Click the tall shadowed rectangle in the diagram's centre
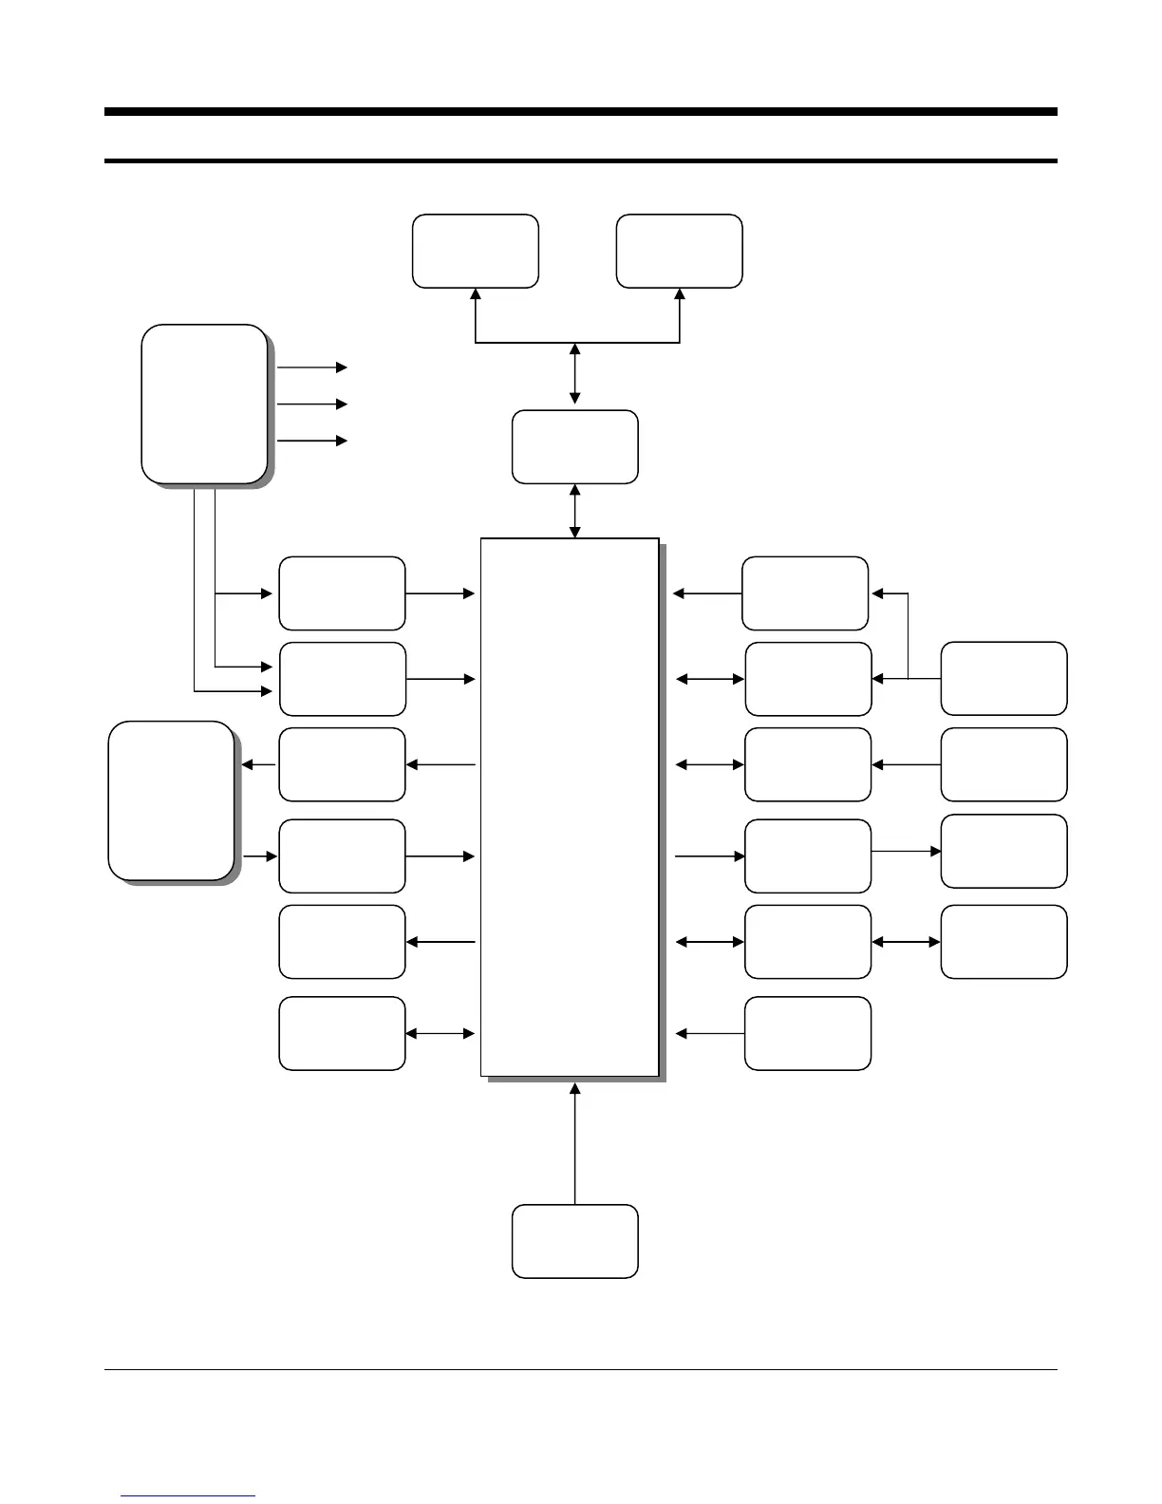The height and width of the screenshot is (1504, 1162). click(x=570, y=807)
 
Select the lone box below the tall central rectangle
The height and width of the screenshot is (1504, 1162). click(x=574, y=1241)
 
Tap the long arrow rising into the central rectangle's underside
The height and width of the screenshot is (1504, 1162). click(x=574, y=1144)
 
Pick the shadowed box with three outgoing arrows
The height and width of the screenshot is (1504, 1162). click(x=203, y=404)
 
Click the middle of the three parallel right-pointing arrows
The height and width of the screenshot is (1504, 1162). click(x=311, y=404)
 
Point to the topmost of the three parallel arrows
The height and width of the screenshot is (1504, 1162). click(x=311, y=367)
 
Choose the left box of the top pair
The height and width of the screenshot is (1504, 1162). click(x=475, y=251)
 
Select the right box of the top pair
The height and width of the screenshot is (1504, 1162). click(x=679, y=251)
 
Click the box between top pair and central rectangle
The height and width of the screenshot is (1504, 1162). click(x=574, y=446)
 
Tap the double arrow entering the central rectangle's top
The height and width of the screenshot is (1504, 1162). click(x=574, y=511)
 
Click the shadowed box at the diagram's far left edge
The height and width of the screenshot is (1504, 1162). click(x=171, y=800)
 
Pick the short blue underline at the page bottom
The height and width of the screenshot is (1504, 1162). click(x=189, y=1495)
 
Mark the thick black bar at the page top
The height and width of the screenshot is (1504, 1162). click(x=580, y=112)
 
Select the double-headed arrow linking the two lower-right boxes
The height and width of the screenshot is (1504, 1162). click(x=906, y=942)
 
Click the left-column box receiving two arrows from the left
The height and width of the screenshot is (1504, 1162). click(x=342, y=679)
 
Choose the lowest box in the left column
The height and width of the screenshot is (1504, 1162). click(x=342, y=1033)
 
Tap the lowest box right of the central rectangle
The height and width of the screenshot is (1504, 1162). click(x=808, y=1033)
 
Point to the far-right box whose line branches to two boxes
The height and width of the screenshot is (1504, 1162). click(x=1003, y=678)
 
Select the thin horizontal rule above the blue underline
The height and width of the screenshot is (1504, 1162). click(x=580, y=1369)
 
